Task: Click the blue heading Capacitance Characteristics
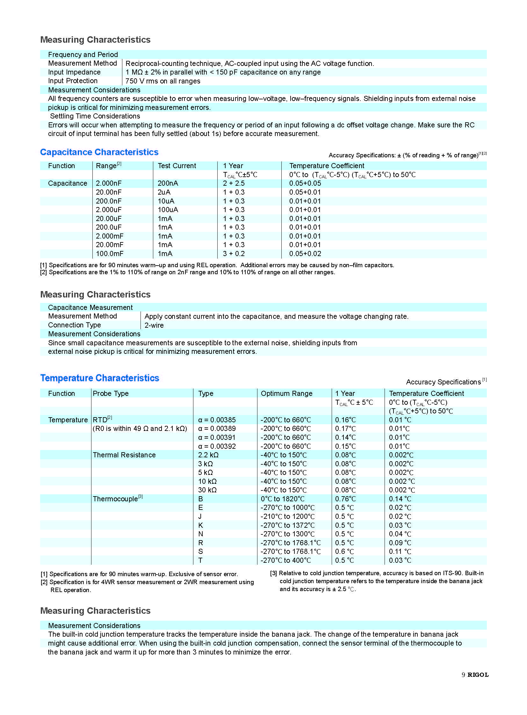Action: pyautogui.click(x=99, y=152)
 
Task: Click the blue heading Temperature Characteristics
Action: pyautogui.click(x=99, y=378)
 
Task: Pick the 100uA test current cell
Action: pyautogui.click(x=168, y=210)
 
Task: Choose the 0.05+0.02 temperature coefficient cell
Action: pyautogui.click(x=305, y=254)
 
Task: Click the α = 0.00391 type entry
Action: pyautogui.click(x=217, y=438)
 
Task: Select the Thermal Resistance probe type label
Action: pyautogui.click(x=124, y=455)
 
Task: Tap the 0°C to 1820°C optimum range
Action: pyautogui.click(x=283, y=499)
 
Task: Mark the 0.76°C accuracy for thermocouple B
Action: pyautogui.click(x=345, y=499)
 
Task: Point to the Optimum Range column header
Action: pyautogui.click(x=286, y=394)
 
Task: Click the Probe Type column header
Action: pyautogui.click(x=111, y=394)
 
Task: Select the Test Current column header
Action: pyautogui.click(x=177, y=166)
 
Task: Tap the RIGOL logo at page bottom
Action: pyautogui.click(x=478, y=675)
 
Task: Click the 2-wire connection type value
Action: pyautogui.click(x=154, y=325)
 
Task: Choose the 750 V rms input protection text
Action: pyautogui.click(x=163, y=81)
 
